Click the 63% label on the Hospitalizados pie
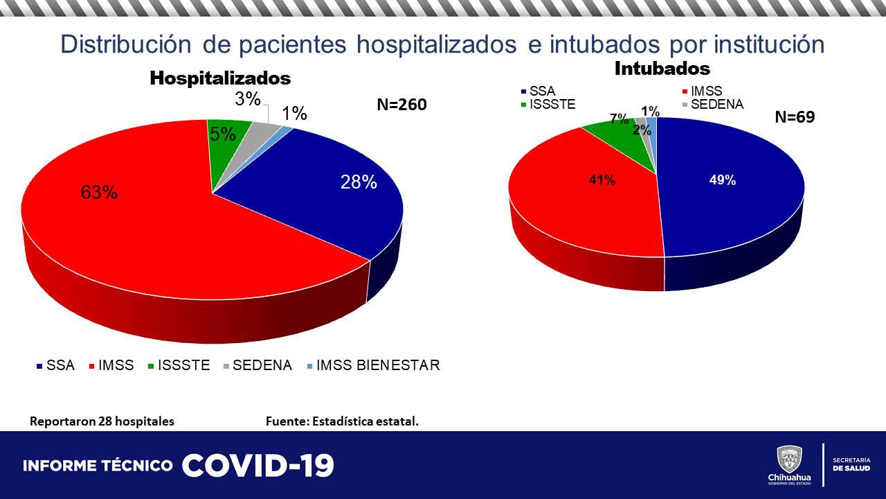(99, 193)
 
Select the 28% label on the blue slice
(359, 182)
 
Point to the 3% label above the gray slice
(247, 99)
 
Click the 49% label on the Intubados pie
(723, 180)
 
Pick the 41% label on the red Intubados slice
(602, 180)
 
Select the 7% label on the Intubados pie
(619, 118)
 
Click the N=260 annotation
(401, 105)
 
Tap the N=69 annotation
(795, 117)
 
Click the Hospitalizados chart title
(220, 78)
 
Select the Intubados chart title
(662, 69)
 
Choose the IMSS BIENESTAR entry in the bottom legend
(377, 365)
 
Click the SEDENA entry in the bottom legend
(262, 365)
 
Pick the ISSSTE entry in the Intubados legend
(552, 105)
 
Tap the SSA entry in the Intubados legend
(542, 91)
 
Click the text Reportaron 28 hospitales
(102, 421)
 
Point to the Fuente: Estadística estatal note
(342, 421)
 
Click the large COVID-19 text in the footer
(258, 466)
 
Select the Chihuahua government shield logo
(789, 459)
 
